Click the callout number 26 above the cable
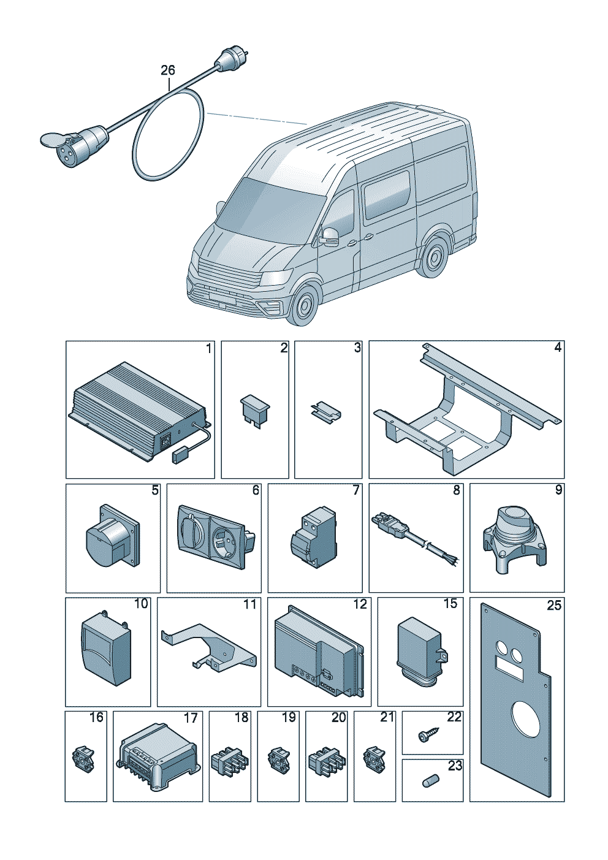pos(167,70)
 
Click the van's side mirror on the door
pos(330,236)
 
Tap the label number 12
pos(360,604)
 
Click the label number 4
pos(557,348)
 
